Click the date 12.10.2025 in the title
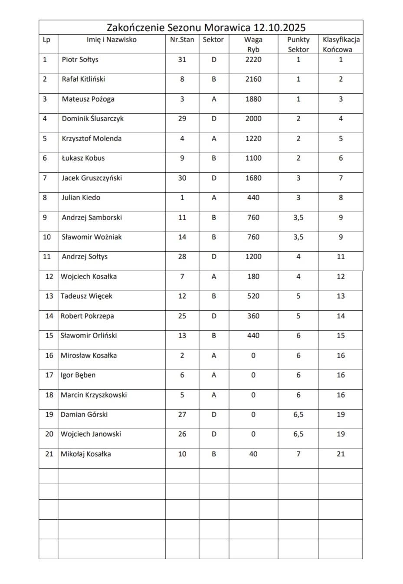[x=279, y=28]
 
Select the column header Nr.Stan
[x=182, y=39]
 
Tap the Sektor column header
[x=213, y=39]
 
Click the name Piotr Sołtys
[x=80, y=59]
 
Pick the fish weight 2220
[x=253, y=59]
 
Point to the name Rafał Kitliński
[x=83, y=79]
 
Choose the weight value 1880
[x=253, y=99]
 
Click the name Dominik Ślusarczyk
[x=92, y=118]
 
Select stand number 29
[x=182, y=118]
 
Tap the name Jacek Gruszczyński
[x=92, y=178]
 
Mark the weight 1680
[x=253, y=178]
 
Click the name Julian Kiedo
[x=81, y=197]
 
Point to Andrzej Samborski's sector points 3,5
[x=298, y=217]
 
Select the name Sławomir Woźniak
[x=92, y=237]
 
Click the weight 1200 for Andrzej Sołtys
[x=253, y=256]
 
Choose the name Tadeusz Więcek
[x=86, y=296]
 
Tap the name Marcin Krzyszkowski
[x=94, y=395]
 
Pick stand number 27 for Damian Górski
[x=182, y=414]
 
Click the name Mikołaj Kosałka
[x=86, y=454]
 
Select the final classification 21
[x=341, y=454]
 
